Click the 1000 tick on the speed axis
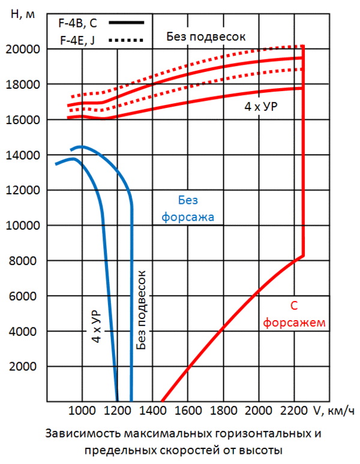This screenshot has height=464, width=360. click(83, 411)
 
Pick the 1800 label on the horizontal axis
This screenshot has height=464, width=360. click(223, 411)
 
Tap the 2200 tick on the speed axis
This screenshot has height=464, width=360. click(293, 411)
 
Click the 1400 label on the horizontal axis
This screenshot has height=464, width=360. click(153, 411)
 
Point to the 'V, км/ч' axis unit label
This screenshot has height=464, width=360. click(332, 411)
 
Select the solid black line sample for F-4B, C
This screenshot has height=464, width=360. click(127, 23)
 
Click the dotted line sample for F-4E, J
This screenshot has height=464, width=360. click(127, 40)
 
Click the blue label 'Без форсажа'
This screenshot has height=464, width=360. click(188, 209)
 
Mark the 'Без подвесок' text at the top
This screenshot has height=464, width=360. click(206, 37)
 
